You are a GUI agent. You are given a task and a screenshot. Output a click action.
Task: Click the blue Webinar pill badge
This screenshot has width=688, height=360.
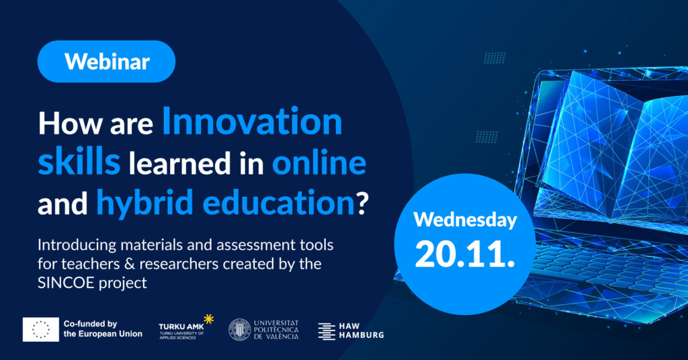(107, 61)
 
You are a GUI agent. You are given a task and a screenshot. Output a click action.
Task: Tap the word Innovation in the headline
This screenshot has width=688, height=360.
(253, 122)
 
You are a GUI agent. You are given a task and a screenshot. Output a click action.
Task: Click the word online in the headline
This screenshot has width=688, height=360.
(319, 162)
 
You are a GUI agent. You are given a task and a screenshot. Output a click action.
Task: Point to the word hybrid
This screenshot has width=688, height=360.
(145, 203)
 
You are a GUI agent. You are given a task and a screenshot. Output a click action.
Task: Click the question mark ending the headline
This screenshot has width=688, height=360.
(362, 203)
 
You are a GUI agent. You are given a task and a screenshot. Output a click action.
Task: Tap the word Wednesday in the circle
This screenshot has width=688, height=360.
(465, 220)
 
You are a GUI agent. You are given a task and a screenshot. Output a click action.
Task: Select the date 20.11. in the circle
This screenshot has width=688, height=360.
(465, 254)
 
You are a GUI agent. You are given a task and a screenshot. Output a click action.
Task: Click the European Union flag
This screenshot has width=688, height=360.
(41, 329)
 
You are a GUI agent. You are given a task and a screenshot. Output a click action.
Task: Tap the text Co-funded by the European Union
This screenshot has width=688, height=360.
(103, 329)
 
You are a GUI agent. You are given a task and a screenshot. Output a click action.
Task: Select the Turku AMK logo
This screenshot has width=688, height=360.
(186, 327)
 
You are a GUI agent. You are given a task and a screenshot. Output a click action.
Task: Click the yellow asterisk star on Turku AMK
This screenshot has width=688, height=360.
(208, 319)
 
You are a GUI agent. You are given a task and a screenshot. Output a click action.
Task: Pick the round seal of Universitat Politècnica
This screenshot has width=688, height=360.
(240, 330)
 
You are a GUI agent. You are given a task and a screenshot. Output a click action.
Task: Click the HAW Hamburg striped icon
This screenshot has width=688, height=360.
(327, 332)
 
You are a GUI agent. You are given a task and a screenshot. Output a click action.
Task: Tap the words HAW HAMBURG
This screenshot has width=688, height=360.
(361, 330)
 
